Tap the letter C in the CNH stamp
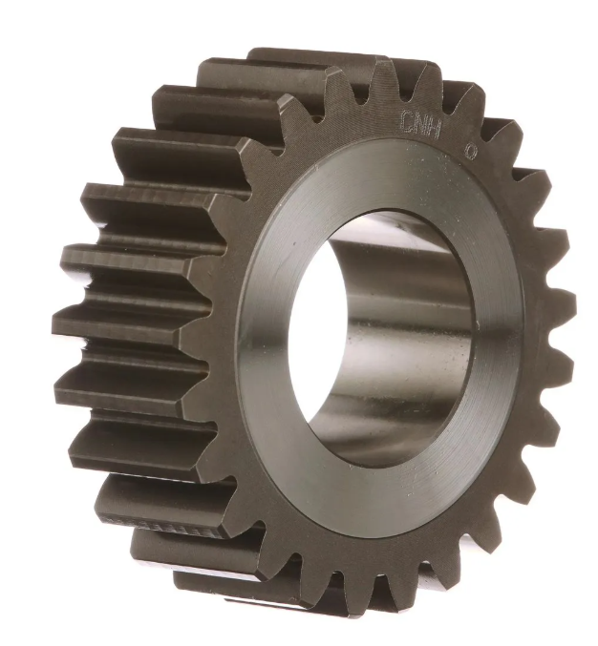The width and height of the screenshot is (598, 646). tap(406, 119)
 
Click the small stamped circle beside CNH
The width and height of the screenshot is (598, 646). tap(470, 151)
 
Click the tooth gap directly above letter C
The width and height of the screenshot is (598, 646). tap(403, 92)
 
